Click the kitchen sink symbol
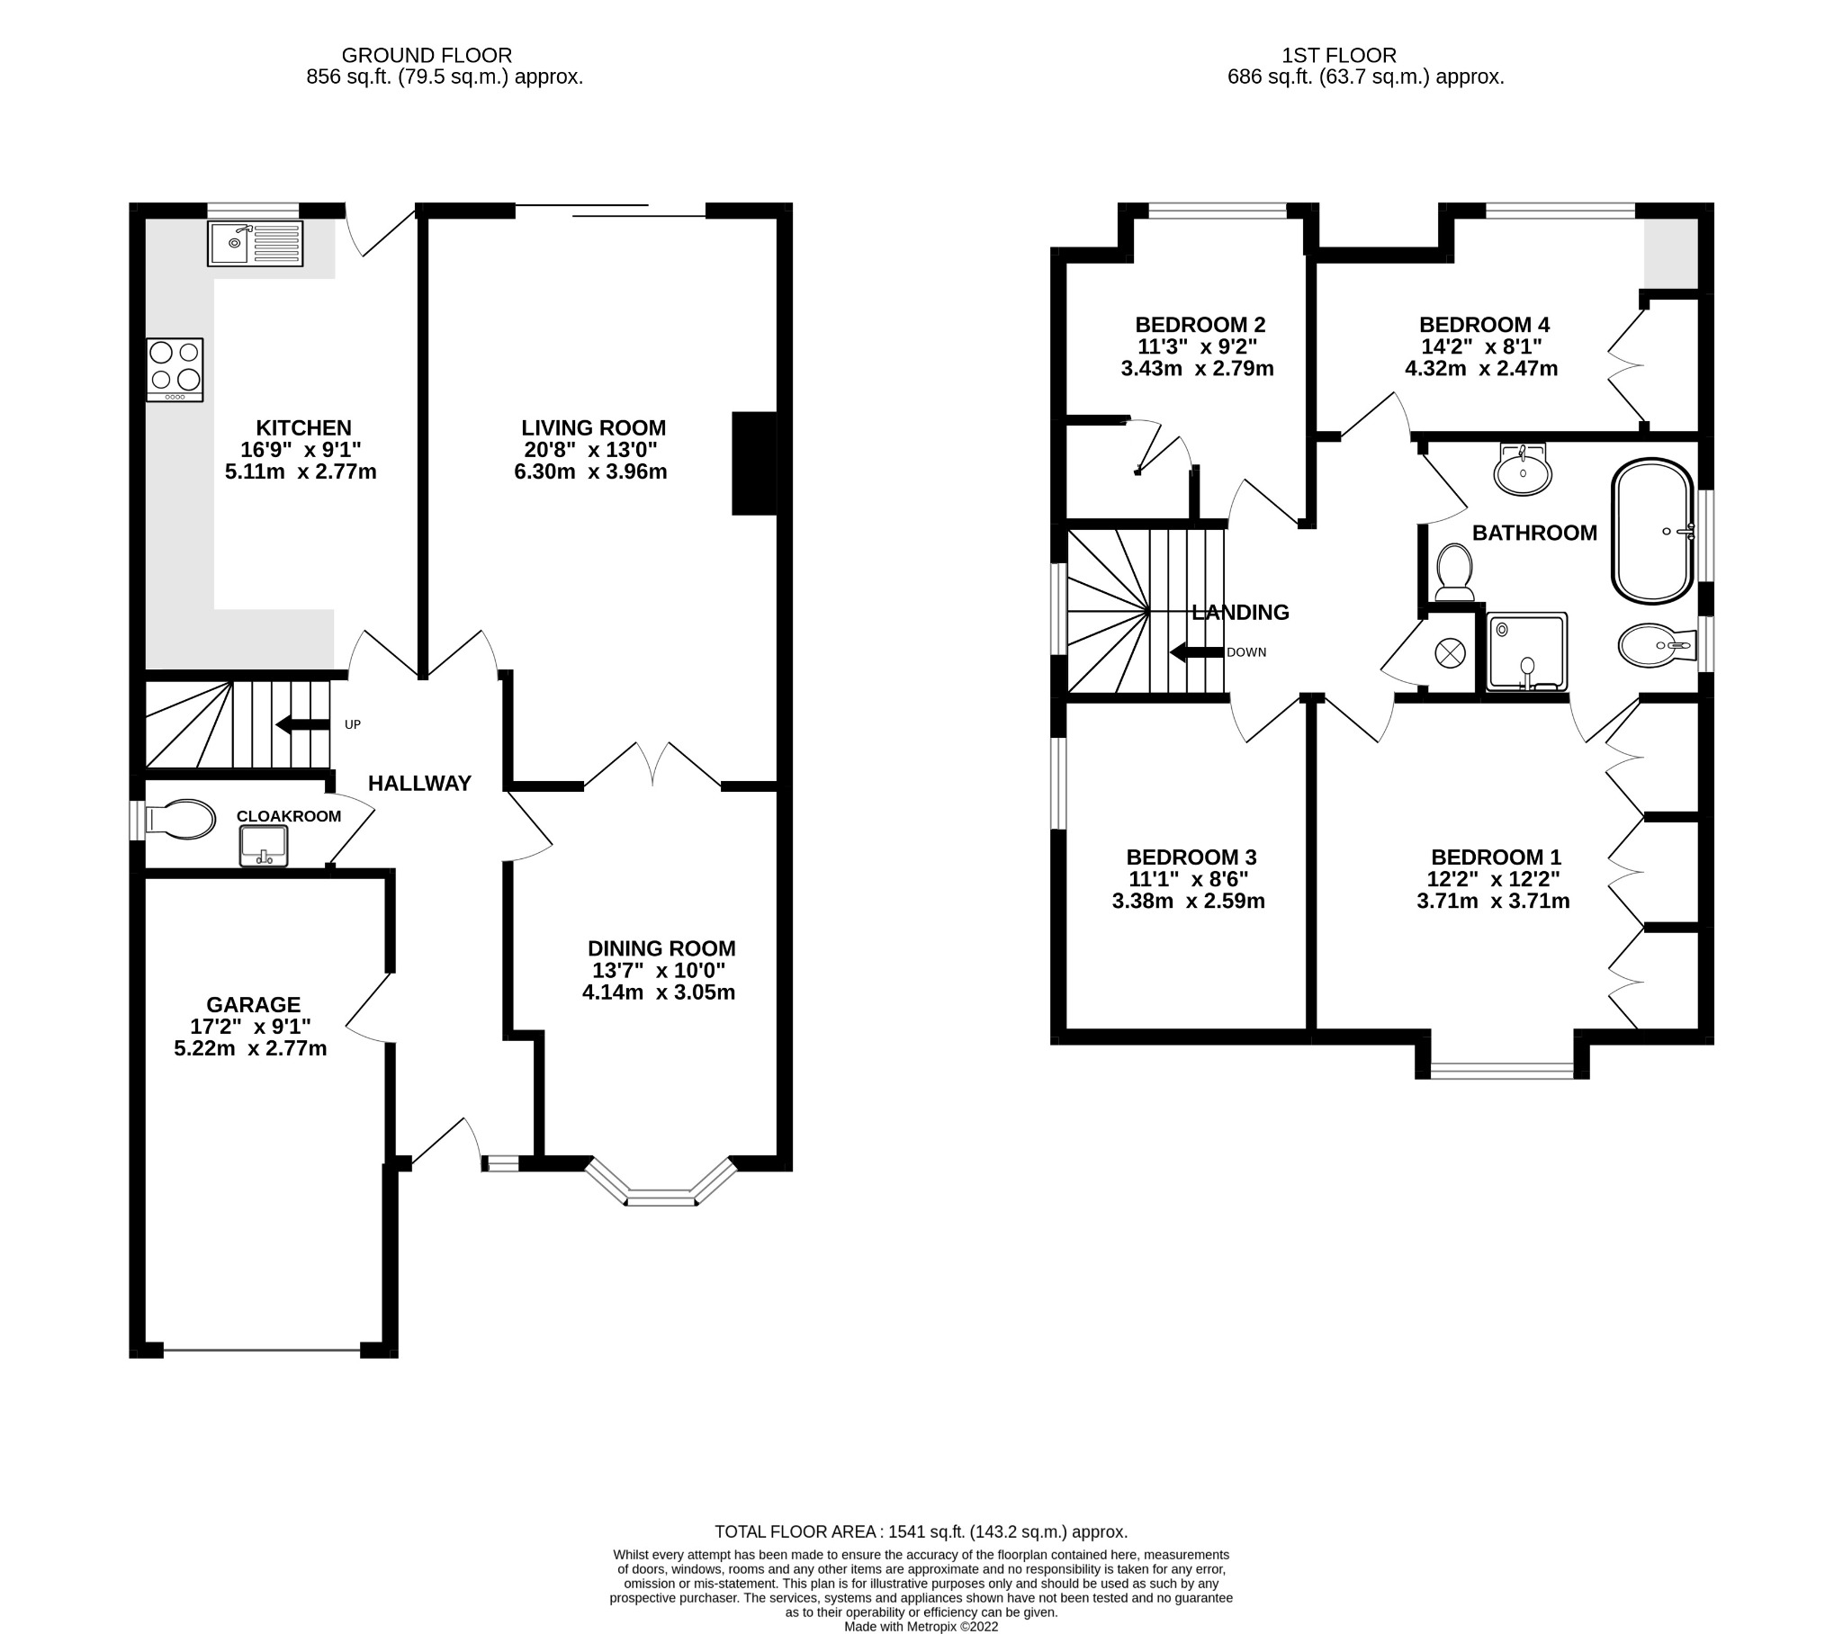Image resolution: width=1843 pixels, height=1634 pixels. [256, 243]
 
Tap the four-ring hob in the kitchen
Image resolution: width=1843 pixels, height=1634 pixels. [175, 369]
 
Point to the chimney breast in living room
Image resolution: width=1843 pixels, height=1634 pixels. [754, 463]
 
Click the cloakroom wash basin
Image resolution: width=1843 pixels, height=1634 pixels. [264, 847]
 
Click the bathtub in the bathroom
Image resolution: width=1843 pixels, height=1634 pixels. [1653, 531]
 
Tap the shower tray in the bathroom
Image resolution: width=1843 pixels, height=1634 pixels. [1526, 652]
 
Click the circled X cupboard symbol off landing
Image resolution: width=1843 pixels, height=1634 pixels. [1450, 653]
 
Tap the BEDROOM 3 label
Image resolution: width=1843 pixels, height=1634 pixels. [1191, 857]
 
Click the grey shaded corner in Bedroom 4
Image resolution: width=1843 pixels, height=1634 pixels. [1671, 254]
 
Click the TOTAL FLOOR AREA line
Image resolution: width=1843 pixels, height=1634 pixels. [921, 1531]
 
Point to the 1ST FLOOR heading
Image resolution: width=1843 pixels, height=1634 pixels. [1339, 55]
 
